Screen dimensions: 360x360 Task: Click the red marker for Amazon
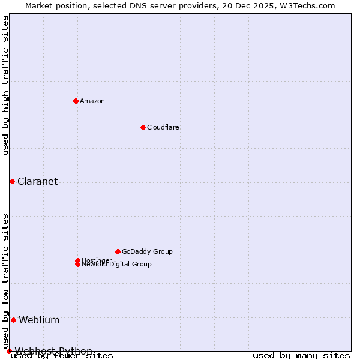click(76, 101)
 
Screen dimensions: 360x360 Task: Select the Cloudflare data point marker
click(143, 127)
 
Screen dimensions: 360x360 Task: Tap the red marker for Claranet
click(12, 181)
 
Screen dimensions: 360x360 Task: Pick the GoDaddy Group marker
click(118, 251)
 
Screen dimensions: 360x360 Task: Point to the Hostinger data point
click(77, 260)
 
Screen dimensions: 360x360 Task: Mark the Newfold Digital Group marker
click(77, 265)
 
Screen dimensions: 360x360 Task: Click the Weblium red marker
click(13, 320)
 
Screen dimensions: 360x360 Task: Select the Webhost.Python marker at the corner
click(9, 351)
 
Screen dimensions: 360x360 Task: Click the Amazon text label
click(92, 101)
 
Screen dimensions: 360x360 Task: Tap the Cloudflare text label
click(163, 127)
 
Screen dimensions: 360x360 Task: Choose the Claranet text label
click(37, 182)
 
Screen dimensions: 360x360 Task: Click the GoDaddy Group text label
click(147, 251)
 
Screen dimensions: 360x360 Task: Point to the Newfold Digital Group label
click(116, 265)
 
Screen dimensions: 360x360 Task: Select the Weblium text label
click(39, 320)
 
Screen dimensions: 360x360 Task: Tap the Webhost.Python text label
click(53, 351)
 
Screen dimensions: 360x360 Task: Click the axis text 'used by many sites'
click(301, 356)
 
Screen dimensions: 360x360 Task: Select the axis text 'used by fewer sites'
click(62, 356)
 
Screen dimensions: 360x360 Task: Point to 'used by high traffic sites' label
click(6, 85)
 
